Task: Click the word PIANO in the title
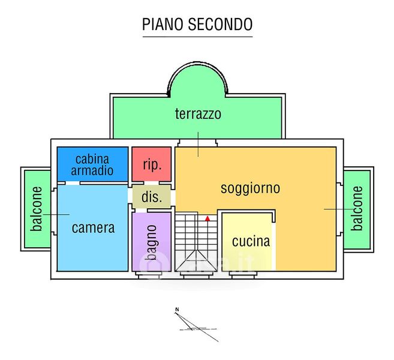point(163,24)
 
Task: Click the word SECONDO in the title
point(220,24)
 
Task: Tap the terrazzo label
point(198,114)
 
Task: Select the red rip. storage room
point(152,164)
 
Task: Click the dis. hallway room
point(152,197)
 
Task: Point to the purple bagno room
point(152,242)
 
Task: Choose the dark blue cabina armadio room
point(92,164)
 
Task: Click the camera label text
point(93,228)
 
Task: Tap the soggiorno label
point(250,188)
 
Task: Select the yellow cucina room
point(246,242)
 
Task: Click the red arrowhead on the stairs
point(207,218)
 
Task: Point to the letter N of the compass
point(177,310)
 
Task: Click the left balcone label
point(37,209)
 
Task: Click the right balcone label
point(357,208)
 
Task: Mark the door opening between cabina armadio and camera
point(73,183)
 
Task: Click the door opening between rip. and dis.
point(152,183)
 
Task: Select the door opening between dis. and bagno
point(141,211)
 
